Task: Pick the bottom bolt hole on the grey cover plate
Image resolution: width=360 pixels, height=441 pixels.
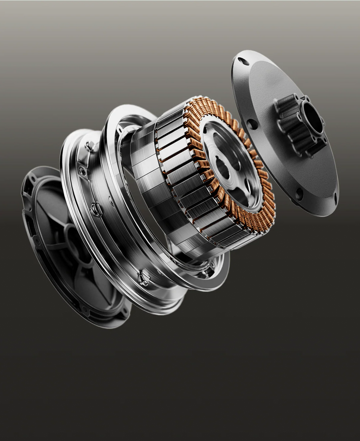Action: pyautogui.click(x=299, y=194)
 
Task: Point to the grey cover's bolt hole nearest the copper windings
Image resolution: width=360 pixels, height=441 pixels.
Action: pyautogui.click(x=252, y=124)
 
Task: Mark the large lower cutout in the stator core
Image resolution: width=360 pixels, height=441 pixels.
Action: pyautogui.click(x=239, y=193)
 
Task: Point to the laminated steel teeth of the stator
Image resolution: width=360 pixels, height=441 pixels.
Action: pyautogui.click(x=183, y=176)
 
